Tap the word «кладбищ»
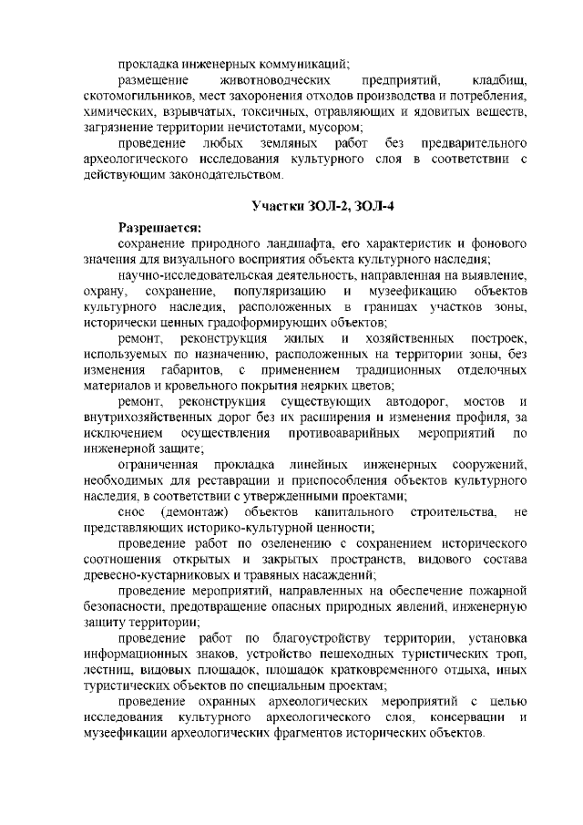pos(499,80)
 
